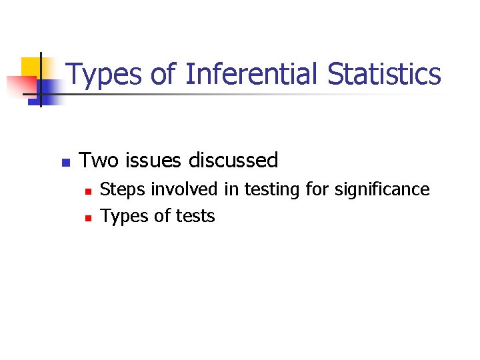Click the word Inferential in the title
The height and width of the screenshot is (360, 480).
[253, 74]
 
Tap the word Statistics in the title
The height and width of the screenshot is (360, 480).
[384, 74]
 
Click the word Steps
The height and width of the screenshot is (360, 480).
[123, 190]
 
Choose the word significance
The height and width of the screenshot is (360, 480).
[382, 190]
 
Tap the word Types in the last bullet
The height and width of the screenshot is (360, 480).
[123, 217]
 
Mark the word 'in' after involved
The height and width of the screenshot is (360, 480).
[231, 189]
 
